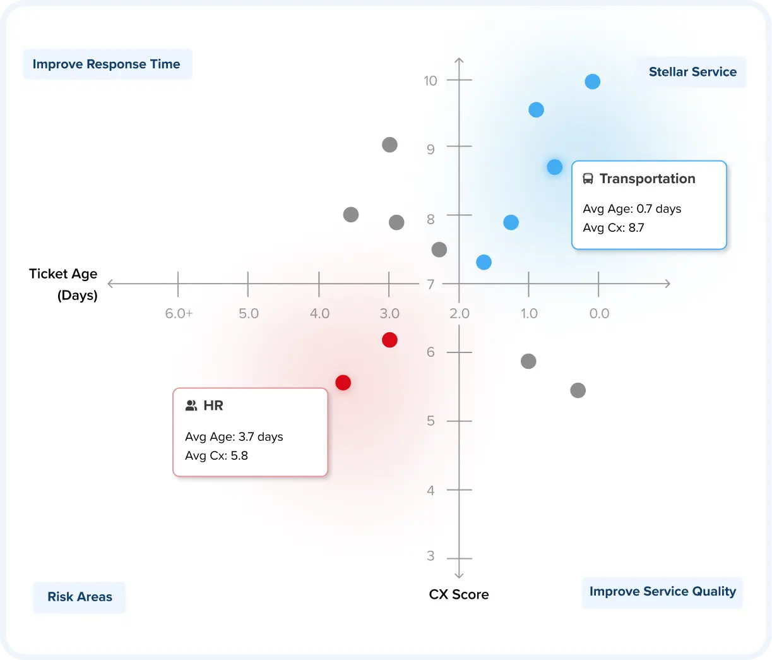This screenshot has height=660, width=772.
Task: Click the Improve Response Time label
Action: pyautogui.click(x=106, y=64)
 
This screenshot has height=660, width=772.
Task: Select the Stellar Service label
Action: pyautogui.click(x=692, y=72)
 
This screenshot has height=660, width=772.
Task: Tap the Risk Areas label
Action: pyautogui.click(x=80, y=597)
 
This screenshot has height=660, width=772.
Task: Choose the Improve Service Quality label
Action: pyautogui.click(x=662, y=592)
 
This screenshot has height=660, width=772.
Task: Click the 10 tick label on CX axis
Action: pyautogui.click(x=431, y=81)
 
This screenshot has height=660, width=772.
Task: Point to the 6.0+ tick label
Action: pyautogui.click(x=179, y=314)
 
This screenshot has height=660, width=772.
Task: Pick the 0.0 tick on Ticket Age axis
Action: pyautogui.click(x=599, y=314)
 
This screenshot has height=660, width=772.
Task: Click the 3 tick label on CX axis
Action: pyautogui.click(x=431, y=556)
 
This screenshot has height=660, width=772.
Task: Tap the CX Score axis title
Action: pyautogui.click(x=459, y=594)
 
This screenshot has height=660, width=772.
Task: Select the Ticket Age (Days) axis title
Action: pyautogui.click(x=64, y=284)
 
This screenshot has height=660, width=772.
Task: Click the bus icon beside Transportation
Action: pyautogui.click(x=588, y=179)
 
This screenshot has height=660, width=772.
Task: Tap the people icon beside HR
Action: pyautogui.click(x=191, y=405)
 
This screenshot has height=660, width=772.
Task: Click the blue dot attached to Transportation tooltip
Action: pyautogui.click(x=554, y=167)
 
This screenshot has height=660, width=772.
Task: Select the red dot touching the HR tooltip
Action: pyautogui.click(x=343, y=383)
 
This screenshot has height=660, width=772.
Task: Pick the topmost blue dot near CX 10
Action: pyautogui.click(x=592, y=81)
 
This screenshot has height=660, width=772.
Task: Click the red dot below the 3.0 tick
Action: pyautogui.click(x=389, y=340)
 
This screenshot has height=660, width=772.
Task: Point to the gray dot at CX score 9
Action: pyautogui.click(x=389, y=145)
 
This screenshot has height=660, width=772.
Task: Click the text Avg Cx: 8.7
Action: pyautogui.click(x=614, y=228)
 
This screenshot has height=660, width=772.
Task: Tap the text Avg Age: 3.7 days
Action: pyautogui.click(x=234, y=437)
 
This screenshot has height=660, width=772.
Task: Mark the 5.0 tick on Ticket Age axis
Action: pyautogui.click(x=249, y=314)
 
